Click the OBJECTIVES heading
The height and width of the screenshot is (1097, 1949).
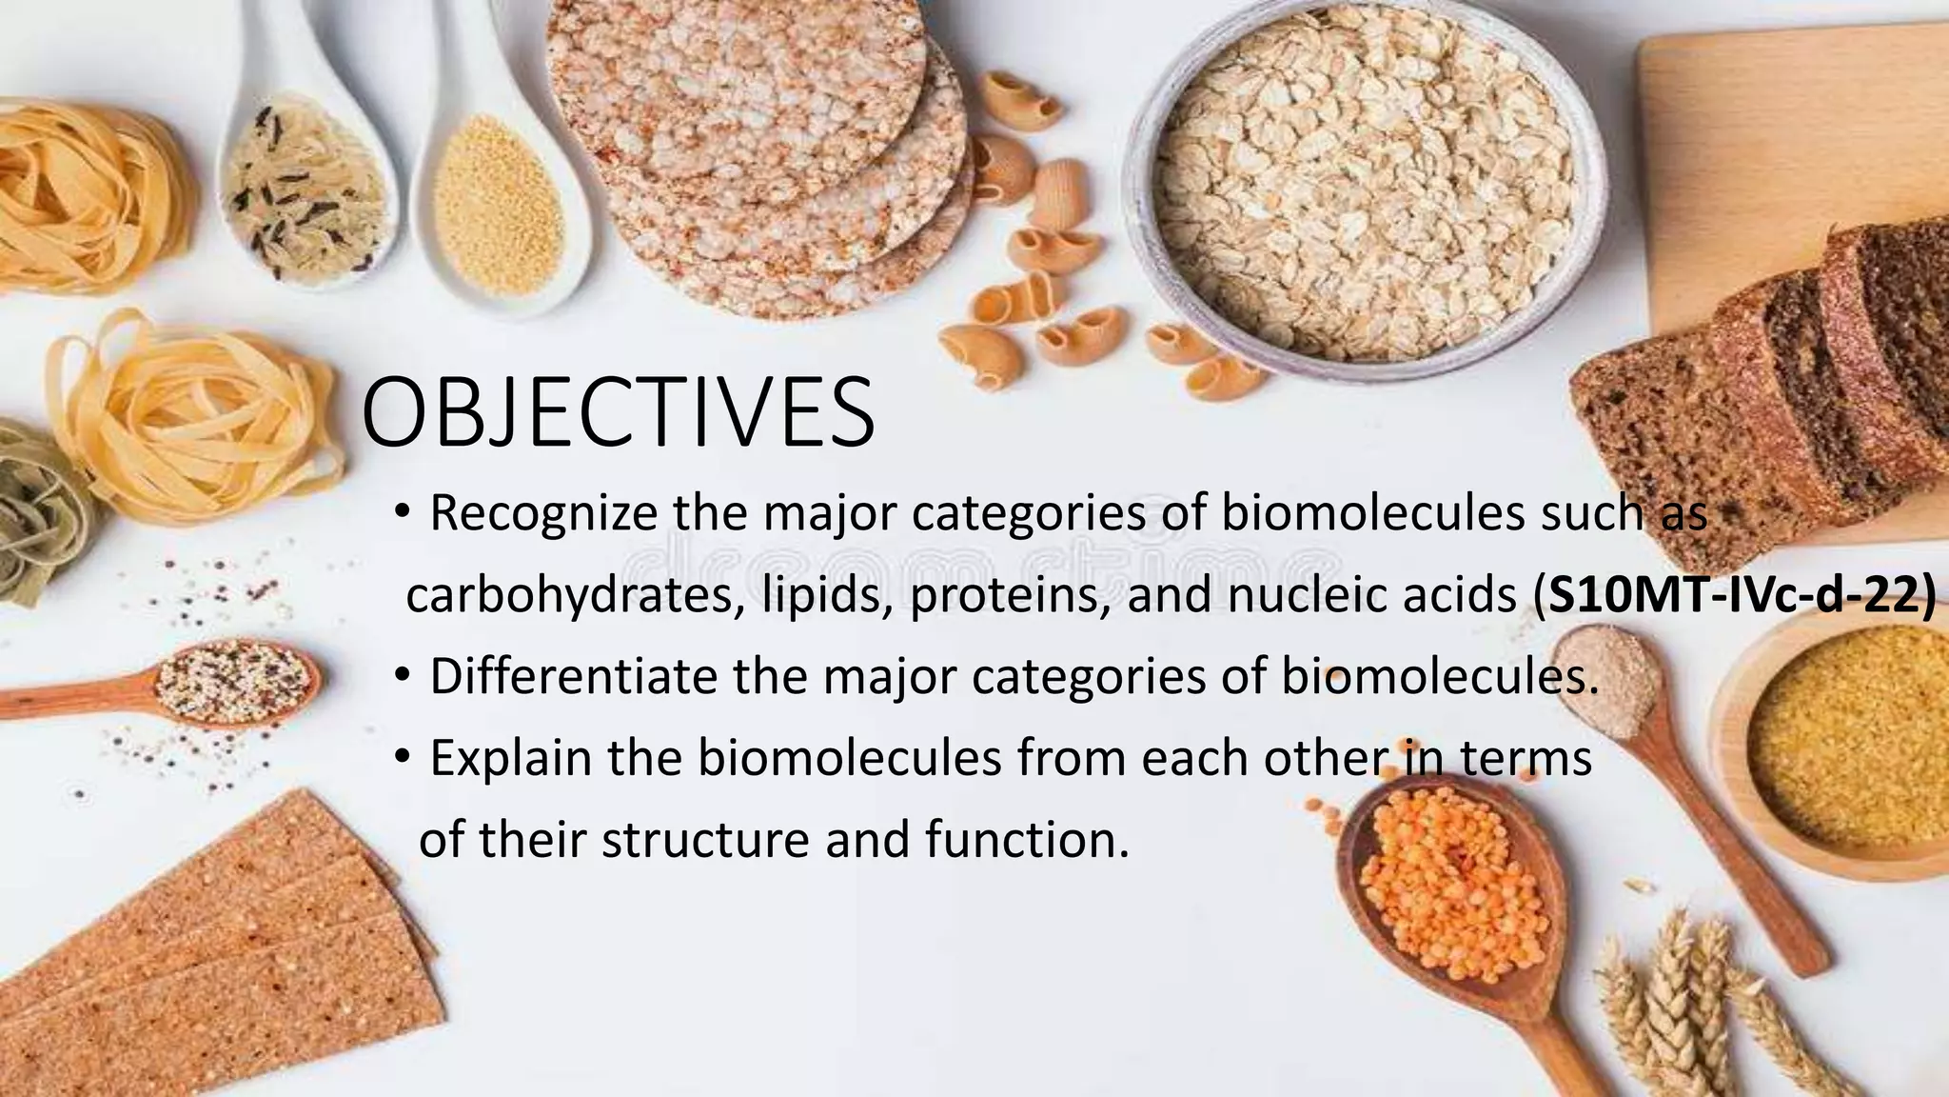[618, 413]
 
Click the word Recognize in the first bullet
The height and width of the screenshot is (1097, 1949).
[543, 513]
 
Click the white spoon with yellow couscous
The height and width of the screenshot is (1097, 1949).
[499, 205]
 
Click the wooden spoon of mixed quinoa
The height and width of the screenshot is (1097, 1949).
[233, 680]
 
